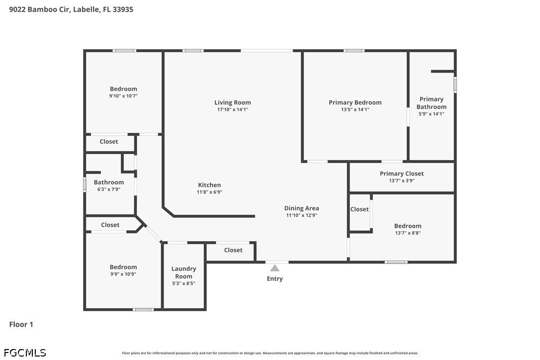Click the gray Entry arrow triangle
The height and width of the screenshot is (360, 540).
[x=274, y=268]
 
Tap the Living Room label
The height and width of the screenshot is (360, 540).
[x=233, y=102]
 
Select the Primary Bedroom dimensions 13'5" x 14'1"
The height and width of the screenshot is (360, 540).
[x=355, y=109]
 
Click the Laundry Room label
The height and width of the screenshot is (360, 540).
[x=183, y=272]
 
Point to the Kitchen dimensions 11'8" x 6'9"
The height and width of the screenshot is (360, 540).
[x=209, y=192]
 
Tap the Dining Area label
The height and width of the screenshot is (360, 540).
[x=301, y=208]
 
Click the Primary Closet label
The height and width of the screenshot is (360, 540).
[x=402, y=174]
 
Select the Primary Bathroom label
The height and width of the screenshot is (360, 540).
[x=431, y=102]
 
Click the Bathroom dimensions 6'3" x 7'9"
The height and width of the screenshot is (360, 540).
[x=109, y=189]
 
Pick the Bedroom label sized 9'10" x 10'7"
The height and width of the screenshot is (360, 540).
[x=123, y=89]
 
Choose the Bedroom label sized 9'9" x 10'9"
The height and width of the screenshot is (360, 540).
[x=123, y=267]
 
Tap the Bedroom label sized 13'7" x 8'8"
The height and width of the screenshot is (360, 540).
[x=408, y=226]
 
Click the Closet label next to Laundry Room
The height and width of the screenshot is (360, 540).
[x=233, y=250]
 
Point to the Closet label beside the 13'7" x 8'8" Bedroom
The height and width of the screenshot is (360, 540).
[x=359, y=209]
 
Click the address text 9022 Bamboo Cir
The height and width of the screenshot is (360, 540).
[x=39, y=9]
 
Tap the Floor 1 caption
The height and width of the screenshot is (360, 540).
[x=21, y=324]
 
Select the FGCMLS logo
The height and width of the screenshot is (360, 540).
[x=25, y=353]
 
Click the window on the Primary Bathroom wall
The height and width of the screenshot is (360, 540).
[x=455, y=85]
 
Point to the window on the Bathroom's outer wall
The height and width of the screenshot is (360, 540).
[x=85, y=184]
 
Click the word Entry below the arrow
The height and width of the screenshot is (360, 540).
[x=274, y=278]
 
